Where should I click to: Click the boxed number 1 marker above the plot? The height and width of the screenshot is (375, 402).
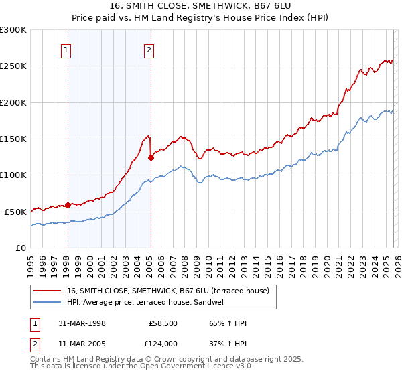coord(67,49)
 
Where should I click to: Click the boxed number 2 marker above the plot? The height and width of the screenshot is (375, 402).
coord(149,49)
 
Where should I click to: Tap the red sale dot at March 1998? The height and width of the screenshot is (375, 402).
coord(68,205)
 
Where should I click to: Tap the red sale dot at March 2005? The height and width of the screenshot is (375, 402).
coord(151,158)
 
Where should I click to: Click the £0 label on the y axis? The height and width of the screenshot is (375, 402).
coord(21,248)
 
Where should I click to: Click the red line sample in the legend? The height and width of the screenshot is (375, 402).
coord(48,291)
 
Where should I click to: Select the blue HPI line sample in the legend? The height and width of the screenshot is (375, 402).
coord(48,302)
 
